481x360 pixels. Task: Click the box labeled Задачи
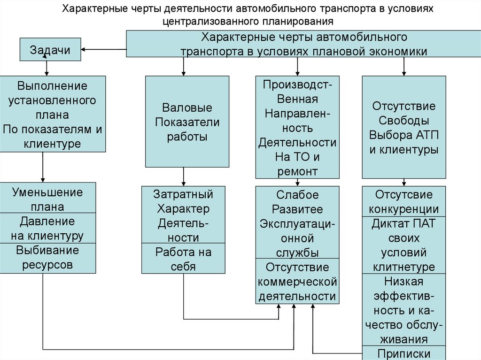pos(50,50)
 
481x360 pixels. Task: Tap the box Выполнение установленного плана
pos(52,114)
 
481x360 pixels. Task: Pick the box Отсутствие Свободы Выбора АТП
pos(404,127)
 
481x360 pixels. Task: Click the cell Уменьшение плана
pos(48,199)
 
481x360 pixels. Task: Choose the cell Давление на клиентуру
pos(48,228)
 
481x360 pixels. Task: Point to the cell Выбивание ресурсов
pos(48,258)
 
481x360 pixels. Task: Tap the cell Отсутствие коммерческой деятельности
pos(297,281)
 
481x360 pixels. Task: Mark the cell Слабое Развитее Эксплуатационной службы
pos(297,222)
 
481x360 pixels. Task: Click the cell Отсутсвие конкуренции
pos(404,201)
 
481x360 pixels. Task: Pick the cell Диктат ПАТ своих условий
pos(404,245)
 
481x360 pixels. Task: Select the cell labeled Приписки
pos(404,353)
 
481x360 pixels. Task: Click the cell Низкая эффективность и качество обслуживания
pos(404,310)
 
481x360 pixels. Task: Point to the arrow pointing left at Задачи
pos(103,49)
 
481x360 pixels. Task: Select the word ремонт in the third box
pos(297,171)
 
